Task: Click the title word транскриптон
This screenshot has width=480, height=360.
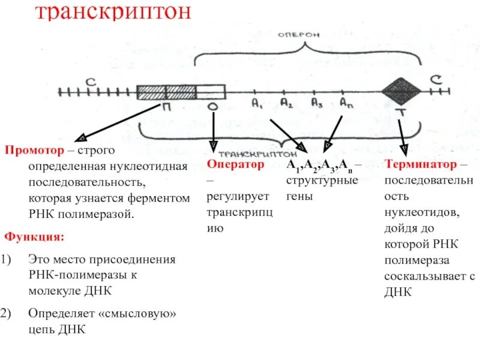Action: click(x=113, y=13)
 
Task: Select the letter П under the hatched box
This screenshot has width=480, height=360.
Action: click(x=164, y=107)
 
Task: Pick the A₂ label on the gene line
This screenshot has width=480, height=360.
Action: click(x=286, y=103)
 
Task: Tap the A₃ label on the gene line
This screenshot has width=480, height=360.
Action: click(x=317, y=103)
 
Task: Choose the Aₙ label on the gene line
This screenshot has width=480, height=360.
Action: click(x=346, y=103)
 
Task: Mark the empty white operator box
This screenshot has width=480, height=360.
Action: click(x=211, y=92)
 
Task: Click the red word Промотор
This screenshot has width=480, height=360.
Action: click(x=31, y=150)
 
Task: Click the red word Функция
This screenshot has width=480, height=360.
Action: click(x=34, y=236)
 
